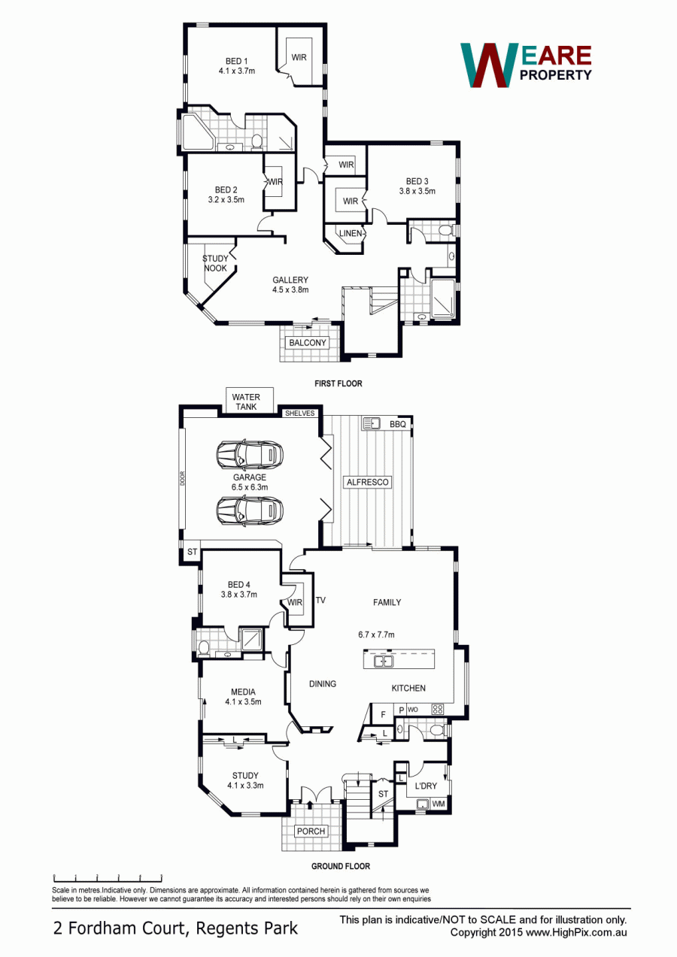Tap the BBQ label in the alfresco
click(x=397, y=424)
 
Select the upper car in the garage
click(x=250, y=454)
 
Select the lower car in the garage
click(x=250, y=510)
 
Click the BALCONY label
click(x=308, y=343)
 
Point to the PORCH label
click(x=311, y=831)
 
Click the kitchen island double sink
click(x=384, y=662)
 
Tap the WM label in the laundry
click(x=439, y=804)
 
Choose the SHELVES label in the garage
click(x=299, y=413)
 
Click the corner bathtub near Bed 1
click(x=198, y=131)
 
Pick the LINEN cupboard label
click(x=351, y=233)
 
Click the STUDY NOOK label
click(x=215, y=263)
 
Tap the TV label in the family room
click(x=320, y=600)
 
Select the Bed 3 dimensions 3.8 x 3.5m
click(x=417, y=191)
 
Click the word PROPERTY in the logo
click(x=556, y=75)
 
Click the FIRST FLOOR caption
click(x=338, y=383)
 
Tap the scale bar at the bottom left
click(x=108, y=878)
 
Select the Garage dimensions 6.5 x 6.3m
click(x=250, y=487)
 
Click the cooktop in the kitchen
click(x=438, y=710)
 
